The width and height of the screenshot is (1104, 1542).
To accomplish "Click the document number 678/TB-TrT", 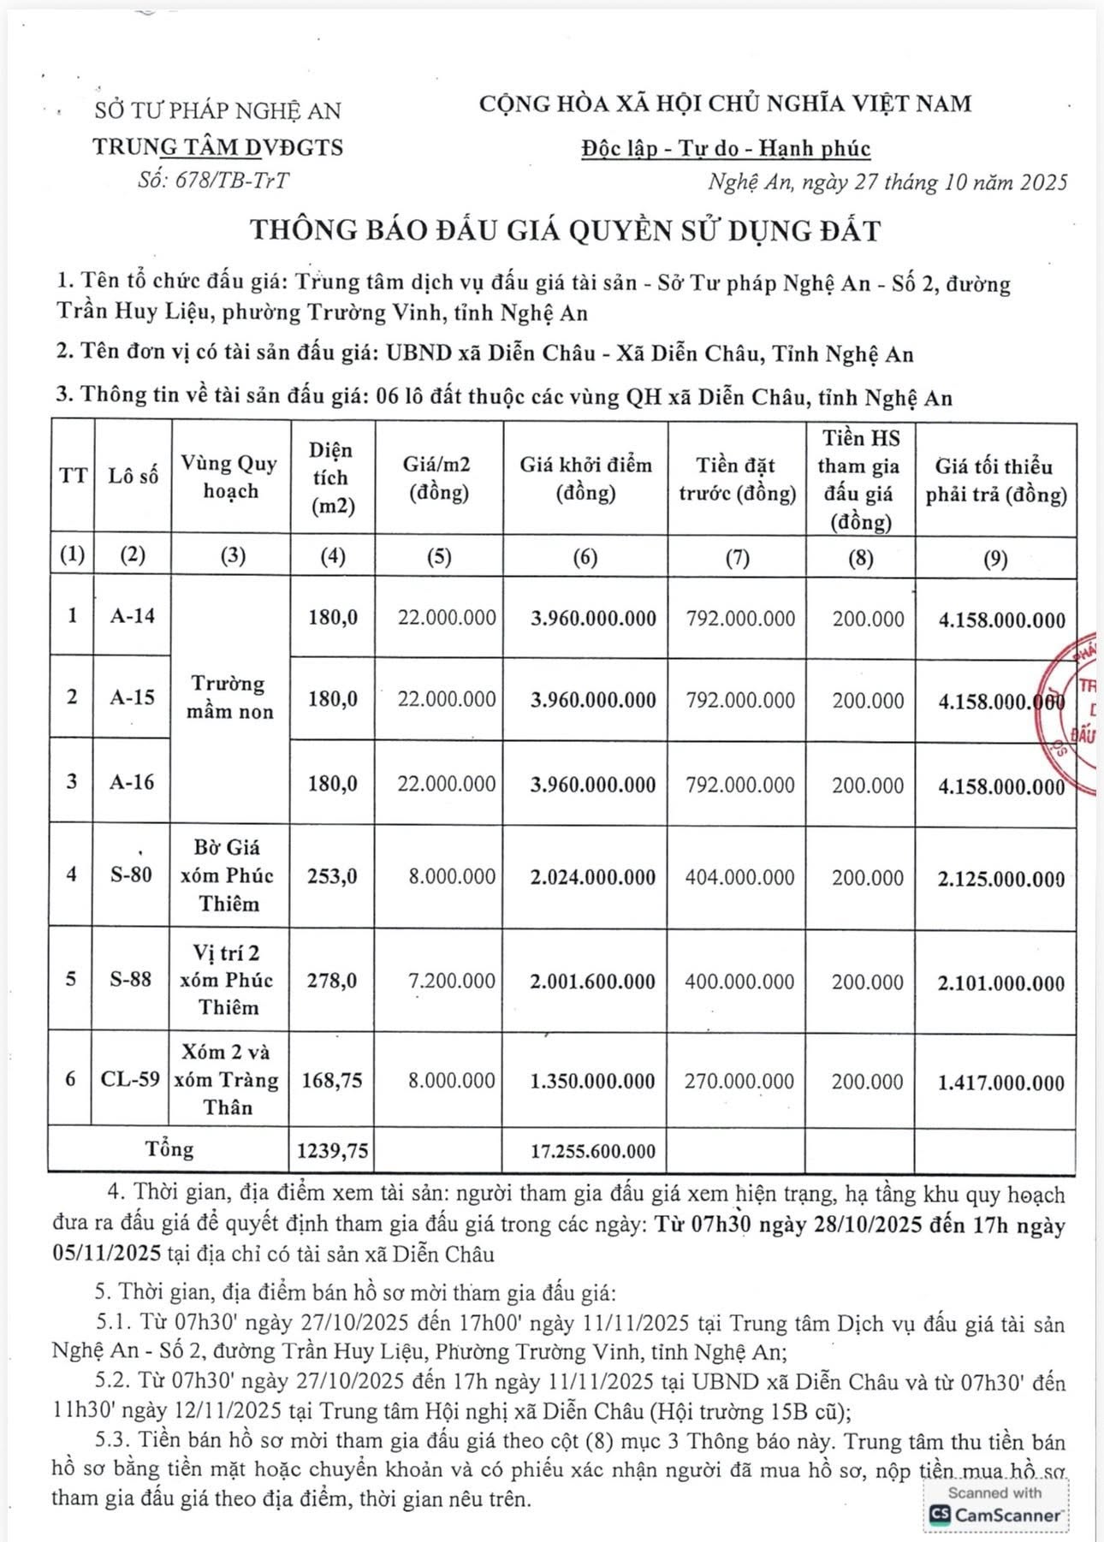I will [213, 181].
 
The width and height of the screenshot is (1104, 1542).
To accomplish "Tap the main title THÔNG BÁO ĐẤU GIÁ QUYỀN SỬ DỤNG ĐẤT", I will [565, 230].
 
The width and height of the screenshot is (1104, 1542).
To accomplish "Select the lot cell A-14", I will [133, 615].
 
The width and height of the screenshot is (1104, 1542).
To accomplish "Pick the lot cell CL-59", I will [130, 1079].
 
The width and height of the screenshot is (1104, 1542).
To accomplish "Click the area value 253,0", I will [333, 876].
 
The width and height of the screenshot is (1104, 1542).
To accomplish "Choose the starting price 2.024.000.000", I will [592, 877].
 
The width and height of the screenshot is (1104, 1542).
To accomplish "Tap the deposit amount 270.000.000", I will [739, 1081].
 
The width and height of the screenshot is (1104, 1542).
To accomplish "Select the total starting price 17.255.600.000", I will [593, 1151].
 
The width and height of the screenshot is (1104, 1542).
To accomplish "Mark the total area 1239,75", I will [333, 1151].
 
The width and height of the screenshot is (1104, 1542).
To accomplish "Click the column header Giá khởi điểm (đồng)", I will [585, 478].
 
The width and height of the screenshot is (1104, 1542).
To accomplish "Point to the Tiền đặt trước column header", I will [737, 478].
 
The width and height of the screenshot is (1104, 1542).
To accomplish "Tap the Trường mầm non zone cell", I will [230, 697].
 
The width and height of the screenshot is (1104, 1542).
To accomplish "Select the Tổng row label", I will [169, 1148].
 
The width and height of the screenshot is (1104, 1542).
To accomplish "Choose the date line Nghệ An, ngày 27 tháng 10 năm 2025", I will [887, 182].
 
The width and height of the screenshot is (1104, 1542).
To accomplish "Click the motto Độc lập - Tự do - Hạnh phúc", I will [726, 149].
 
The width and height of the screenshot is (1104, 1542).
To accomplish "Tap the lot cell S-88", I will [130, 979].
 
